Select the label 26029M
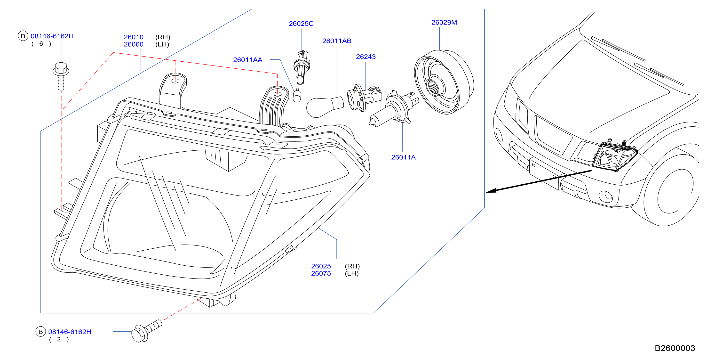[x=444, y=23]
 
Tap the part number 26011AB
[x=337, y=41]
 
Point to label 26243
[x=366, y=57]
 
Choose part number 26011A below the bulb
[x=403, y=157]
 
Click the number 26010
[x=134, y=37]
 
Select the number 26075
[x=321, y=273]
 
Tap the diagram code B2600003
[x=675, y=348]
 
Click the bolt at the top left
[x=61, y=76]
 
